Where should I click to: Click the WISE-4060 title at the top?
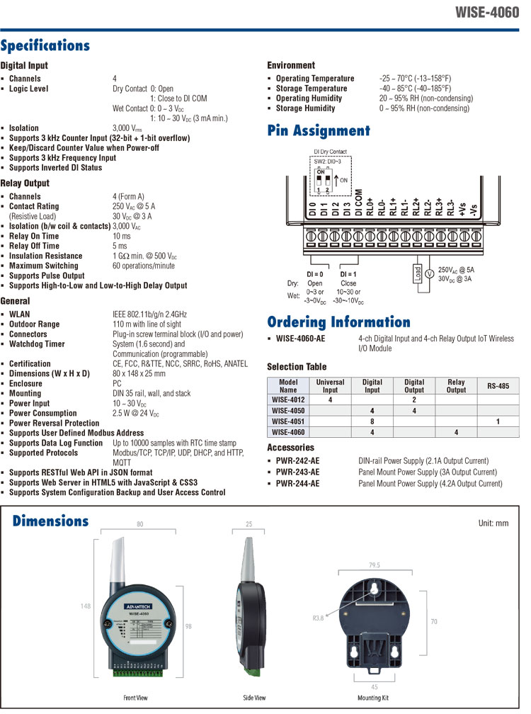pyautogui.click(x=489, y=13)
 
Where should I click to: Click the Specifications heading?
pyautogui.click(x=45, y=46)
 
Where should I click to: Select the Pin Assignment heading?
pyautogui.click(x=319, y=130)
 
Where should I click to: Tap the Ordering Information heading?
pyautogui.click(x=338, y=322)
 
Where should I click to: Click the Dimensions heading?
pyautogui.click(x=51, y=521)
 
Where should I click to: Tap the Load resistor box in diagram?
pyautogui.click(x=416, y=273)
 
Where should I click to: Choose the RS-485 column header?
pyautogui.click(x=498, y=386)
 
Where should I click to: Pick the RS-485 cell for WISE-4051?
pyautogui.click(x=498, y=420)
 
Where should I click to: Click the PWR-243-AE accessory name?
pyautogui.click(x=297, y=472)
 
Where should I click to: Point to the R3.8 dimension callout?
pyautogui.click(x=318, y=618)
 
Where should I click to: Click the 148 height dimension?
pyautogui.click(x=85, y=606)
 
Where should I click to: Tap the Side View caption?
pyautogui.click(x=254, y=698)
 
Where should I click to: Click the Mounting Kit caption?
pyautogui.click(x=374, y=698)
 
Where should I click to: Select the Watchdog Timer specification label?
pyautogui.click(x=38, y=344)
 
